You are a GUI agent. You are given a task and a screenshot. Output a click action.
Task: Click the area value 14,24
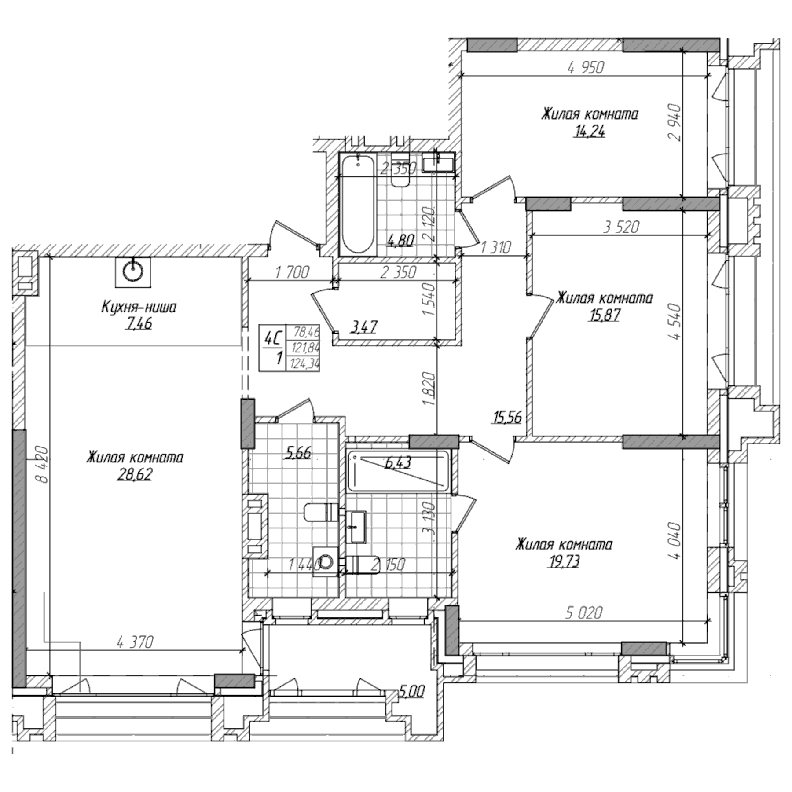(x=589, y=132)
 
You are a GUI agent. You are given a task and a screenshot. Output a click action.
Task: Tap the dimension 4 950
(x=586, y=68)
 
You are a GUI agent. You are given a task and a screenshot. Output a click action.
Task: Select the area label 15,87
(x=604, y=315)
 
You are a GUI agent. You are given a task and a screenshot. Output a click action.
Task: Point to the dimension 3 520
(x=621, y=227)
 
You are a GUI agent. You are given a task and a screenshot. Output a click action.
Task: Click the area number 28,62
(x=134, y=475)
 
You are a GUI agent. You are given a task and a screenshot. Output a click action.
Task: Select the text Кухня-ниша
(x=139, y=307)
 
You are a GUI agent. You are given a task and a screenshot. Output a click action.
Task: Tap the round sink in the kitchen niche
(x=133, y=271)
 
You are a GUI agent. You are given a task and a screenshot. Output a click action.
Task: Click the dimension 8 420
(x=41, y=465)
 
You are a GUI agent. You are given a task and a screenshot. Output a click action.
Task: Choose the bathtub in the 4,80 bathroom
(x=358, y=205)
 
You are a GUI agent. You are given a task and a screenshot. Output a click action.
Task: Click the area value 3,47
(x=363, y=327)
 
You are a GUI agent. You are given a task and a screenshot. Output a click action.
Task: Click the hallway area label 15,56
(x=507, y=417)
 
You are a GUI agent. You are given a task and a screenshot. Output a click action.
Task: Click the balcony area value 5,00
(x=412, y=692)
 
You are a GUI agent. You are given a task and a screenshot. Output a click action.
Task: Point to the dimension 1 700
(x=292, y=272)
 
